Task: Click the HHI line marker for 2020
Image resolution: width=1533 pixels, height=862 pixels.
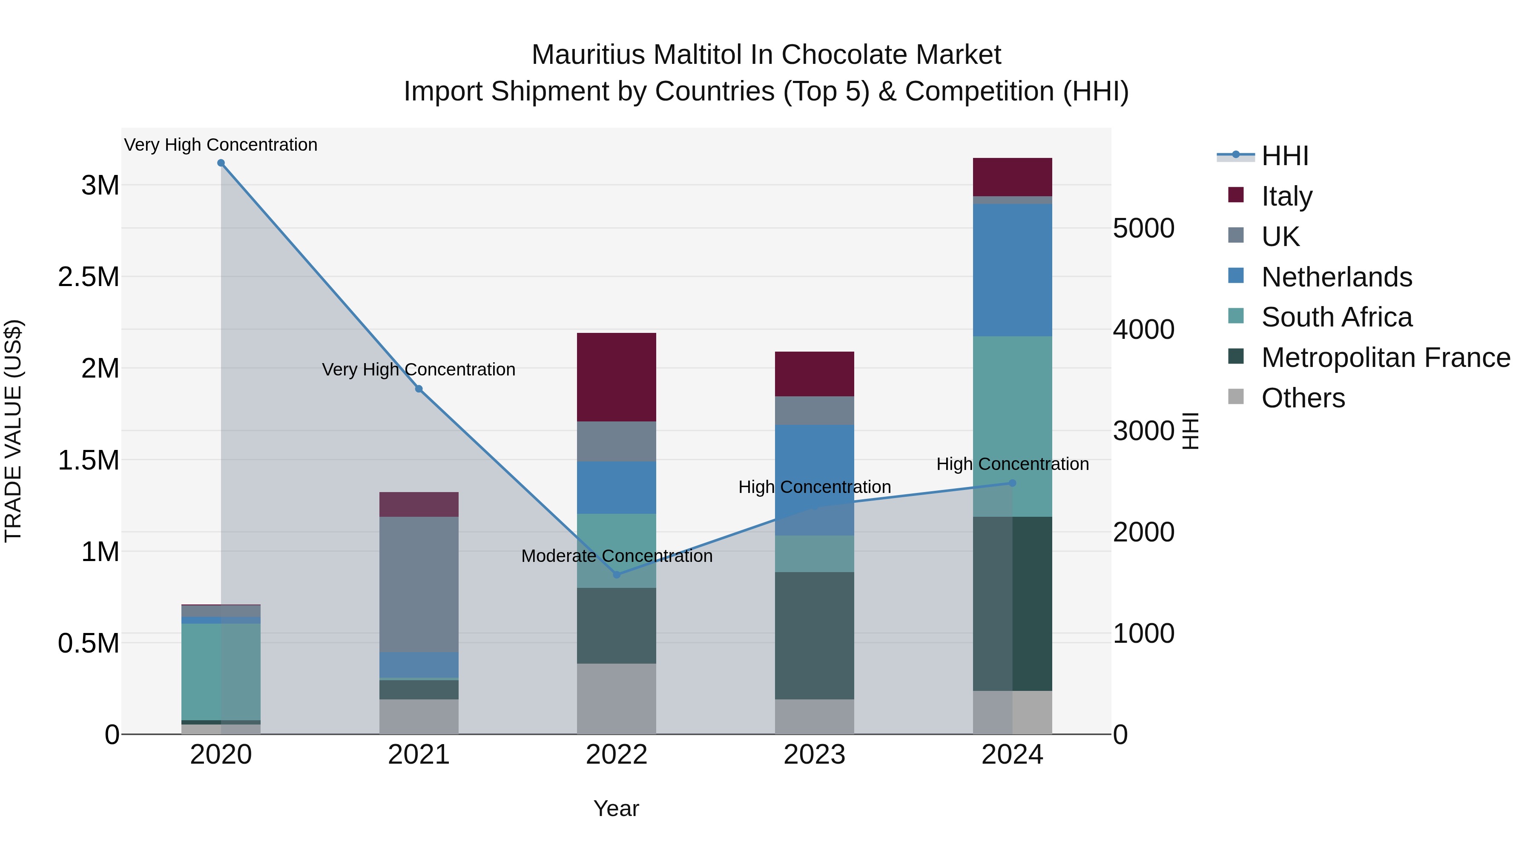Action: pyautogui.click(x=221, y=163)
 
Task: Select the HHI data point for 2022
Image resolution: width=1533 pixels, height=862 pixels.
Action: pyautogui.click(x=617, y=575)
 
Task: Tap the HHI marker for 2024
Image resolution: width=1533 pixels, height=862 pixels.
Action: pyautogui.click(x=1012, y=483)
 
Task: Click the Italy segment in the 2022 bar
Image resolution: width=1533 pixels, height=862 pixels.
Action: pyautogui.click(x=617, y=377)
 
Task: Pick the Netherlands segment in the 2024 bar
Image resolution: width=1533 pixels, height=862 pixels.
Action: pyautogui.click(x=1012, y=270)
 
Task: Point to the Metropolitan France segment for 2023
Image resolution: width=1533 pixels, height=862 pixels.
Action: pyautogui.click(x=814, y=636)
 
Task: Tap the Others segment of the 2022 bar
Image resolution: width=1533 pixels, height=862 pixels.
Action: pyautogui.click(x=617, y=699)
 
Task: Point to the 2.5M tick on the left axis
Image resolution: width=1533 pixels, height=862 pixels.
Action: pyautogui.click(x=88, y=277)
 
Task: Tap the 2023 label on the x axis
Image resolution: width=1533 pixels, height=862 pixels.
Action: pyautogui.click(x=814, y=755)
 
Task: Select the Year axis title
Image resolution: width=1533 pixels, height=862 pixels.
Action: pyautogui.click(x=616, y=808)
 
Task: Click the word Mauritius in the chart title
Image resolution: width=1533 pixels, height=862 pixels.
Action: pyautogui.click(x=588, y=55)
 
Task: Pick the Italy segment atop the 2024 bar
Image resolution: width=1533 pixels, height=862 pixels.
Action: pyautogui.click(x=1012, y=177)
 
